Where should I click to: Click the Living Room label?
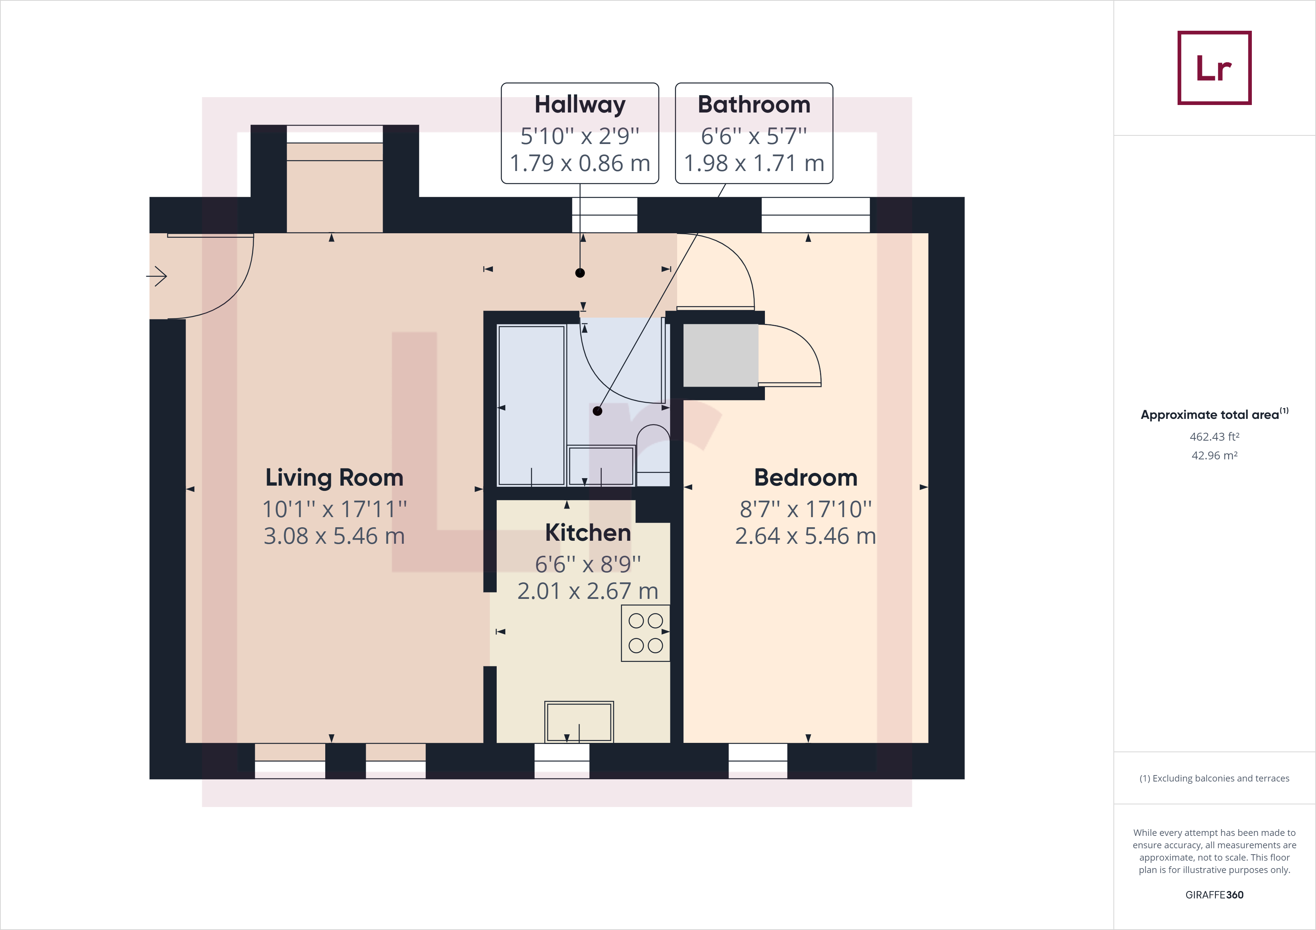pos(334,478)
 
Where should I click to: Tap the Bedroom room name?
pos(805,477)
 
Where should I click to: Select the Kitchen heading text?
pos(588,533)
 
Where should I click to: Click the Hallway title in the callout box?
pos(580,105)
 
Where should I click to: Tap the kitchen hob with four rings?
pos(645,633)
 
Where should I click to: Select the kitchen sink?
pos(579,721)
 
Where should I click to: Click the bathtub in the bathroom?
pos(531,405)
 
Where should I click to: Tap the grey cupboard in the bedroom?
pos(721,355)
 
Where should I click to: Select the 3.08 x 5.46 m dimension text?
pos(334,536)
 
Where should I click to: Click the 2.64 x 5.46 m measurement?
pos(805,536)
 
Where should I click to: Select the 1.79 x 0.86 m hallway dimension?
pos(580,163)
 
